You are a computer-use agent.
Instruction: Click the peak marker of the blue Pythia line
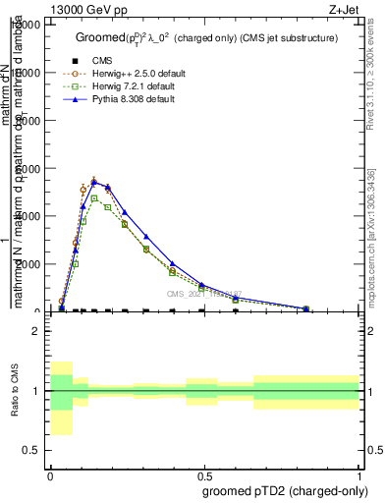(x=94, y=182)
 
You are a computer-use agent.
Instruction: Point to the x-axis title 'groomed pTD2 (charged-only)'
(x=279, y=489)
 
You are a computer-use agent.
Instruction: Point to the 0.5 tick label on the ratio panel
(x=30, y=450)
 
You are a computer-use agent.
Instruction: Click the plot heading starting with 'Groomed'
(x=206, y=37)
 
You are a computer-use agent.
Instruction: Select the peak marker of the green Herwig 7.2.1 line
(x=94, y=198)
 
